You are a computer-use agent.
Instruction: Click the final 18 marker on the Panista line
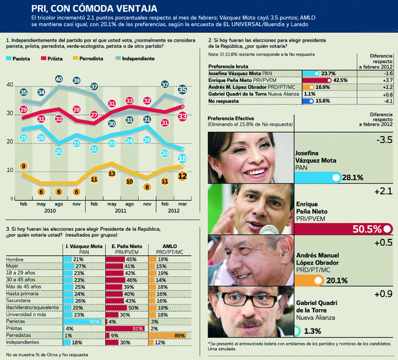[182, 159]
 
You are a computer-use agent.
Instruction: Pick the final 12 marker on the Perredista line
[182, 175]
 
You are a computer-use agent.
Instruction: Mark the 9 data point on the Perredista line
[23, 166]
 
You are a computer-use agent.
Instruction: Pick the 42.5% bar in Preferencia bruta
[330, 80]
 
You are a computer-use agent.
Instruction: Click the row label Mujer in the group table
[13, 266]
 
